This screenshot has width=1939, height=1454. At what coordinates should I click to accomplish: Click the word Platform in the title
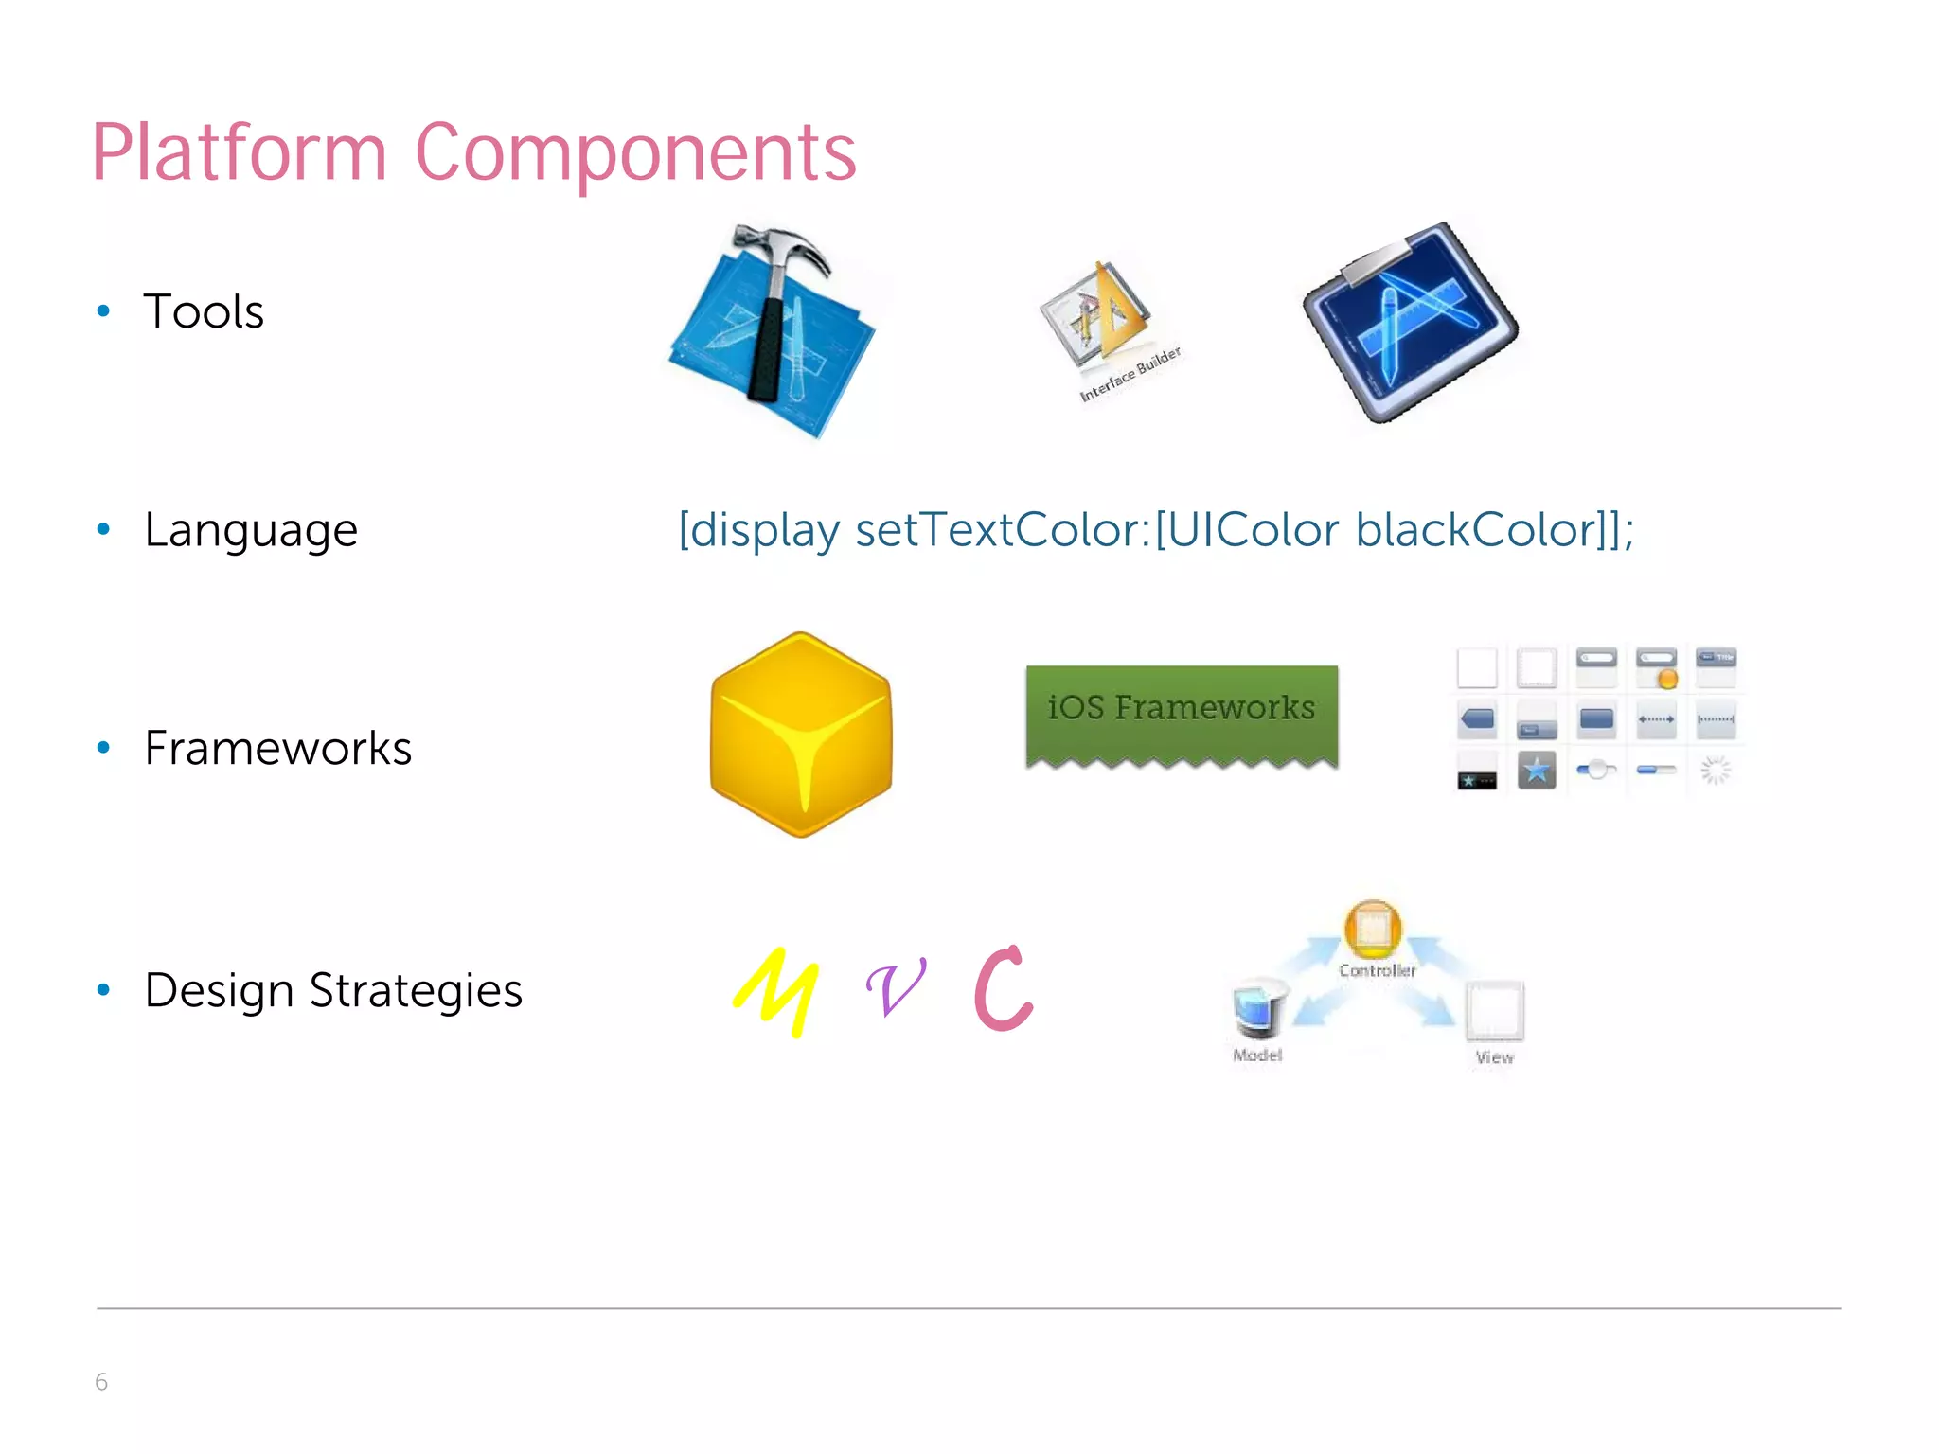239,153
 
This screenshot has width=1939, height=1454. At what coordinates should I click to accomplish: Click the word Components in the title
635,153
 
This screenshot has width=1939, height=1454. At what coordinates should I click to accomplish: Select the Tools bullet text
204,311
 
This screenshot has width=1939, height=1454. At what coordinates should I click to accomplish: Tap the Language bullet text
251,530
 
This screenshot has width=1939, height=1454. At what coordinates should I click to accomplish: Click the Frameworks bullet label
277,748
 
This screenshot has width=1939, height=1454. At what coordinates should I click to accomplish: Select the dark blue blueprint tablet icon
1410,322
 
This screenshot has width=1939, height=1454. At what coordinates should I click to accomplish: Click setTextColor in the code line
1002,530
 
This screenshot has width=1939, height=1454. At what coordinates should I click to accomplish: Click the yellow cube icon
801,735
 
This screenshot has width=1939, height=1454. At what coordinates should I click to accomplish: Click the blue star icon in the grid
1536,771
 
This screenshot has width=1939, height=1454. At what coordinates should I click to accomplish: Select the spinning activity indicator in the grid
1715,771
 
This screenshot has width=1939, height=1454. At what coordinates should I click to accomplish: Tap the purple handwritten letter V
896,987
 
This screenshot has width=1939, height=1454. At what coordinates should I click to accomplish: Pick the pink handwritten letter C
1003,988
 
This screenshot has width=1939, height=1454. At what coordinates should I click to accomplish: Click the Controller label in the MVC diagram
1377,970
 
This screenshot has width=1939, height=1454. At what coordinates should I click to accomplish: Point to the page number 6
101,1382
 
